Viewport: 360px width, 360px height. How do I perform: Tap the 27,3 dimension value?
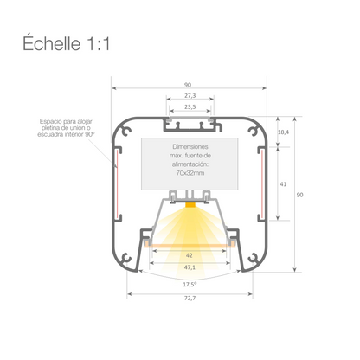[x=190, y=95]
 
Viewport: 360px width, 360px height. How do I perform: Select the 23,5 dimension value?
[x=190, y=106]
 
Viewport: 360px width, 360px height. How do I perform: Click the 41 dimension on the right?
[x=283, y=184]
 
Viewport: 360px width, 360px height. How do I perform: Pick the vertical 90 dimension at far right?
[x=299, y=196]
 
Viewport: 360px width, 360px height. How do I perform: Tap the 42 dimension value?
[x=190, y=256]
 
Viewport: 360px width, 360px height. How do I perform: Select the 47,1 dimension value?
[x=190, y=268]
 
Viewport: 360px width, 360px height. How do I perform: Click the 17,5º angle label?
[x=189, y=283]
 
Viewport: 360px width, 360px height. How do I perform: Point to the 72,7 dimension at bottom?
[x=189, y=299]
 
